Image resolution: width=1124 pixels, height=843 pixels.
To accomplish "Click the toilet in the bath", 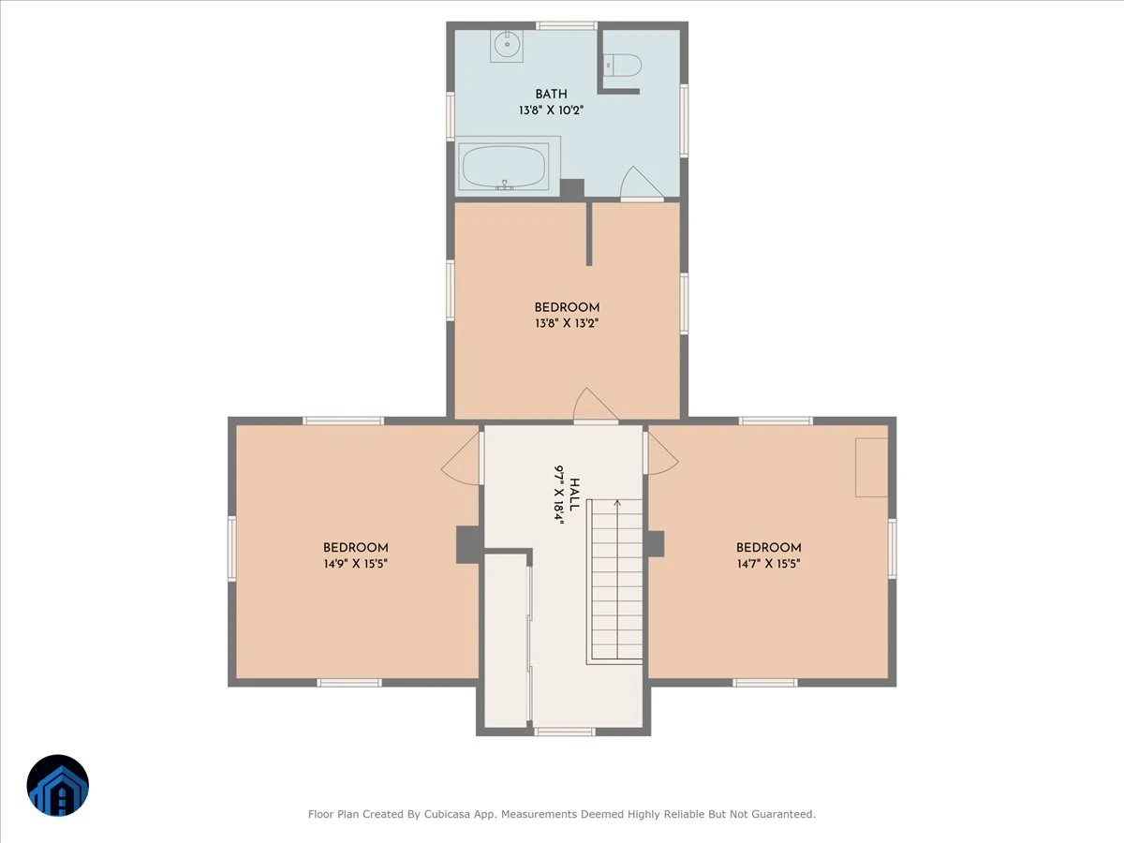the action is click(x=622, y=66).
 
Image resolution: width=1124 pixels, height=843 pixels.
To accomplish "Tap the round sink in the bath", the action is click(x=507, y=45).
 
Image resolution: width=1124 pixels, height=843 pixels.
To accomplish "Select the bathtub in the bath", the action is click(x=504, y=167).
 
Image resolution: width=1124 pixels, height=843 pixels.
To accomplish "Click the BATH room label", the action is click(x=551, y=95).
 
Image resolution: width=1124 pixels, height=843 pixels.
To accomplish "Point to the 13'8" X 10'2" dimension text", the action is click(x=551, y=110).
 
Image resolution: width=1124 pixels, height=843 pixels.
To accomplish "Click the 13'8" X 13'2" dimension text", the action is click(x=567, y=323).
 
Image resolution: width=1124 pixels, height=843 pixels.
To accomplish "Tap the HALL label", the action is click(x=574, y=495).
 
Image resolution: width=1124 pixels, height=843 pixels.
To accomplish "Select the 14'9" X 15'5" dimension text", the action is click(x=355, y=564).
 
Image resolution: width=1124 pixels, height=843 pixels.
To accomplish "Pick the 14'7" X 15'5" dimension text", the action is click(x=769, y=564).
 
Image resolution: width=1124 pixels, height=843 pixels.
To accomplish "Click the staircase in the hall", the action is click(x=614, y=582).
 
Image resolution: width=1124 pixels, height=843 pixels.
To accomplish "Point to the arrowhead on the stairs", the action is click(x=617, y=503).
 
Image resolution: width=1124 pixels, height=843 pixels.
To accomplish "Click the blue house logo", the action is click(x=58, y=785).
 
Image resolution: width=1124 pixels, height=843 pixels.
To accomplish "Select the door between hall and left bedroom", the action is click(x=462, y=459).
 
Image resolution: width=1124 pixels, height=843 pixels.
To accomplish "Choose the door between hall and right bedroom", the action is click(x=660, y=453).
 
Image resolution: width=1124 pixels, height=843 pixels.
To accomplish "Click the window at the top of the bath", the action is click(x=567, y=25).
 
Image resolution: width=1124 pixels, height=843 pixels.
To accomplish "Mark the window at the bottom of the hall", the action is click(x=564, y=732).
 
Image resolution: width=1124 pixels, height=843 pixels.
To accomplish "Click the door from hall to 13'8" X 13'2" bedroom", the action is click(x=596, y=407).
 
